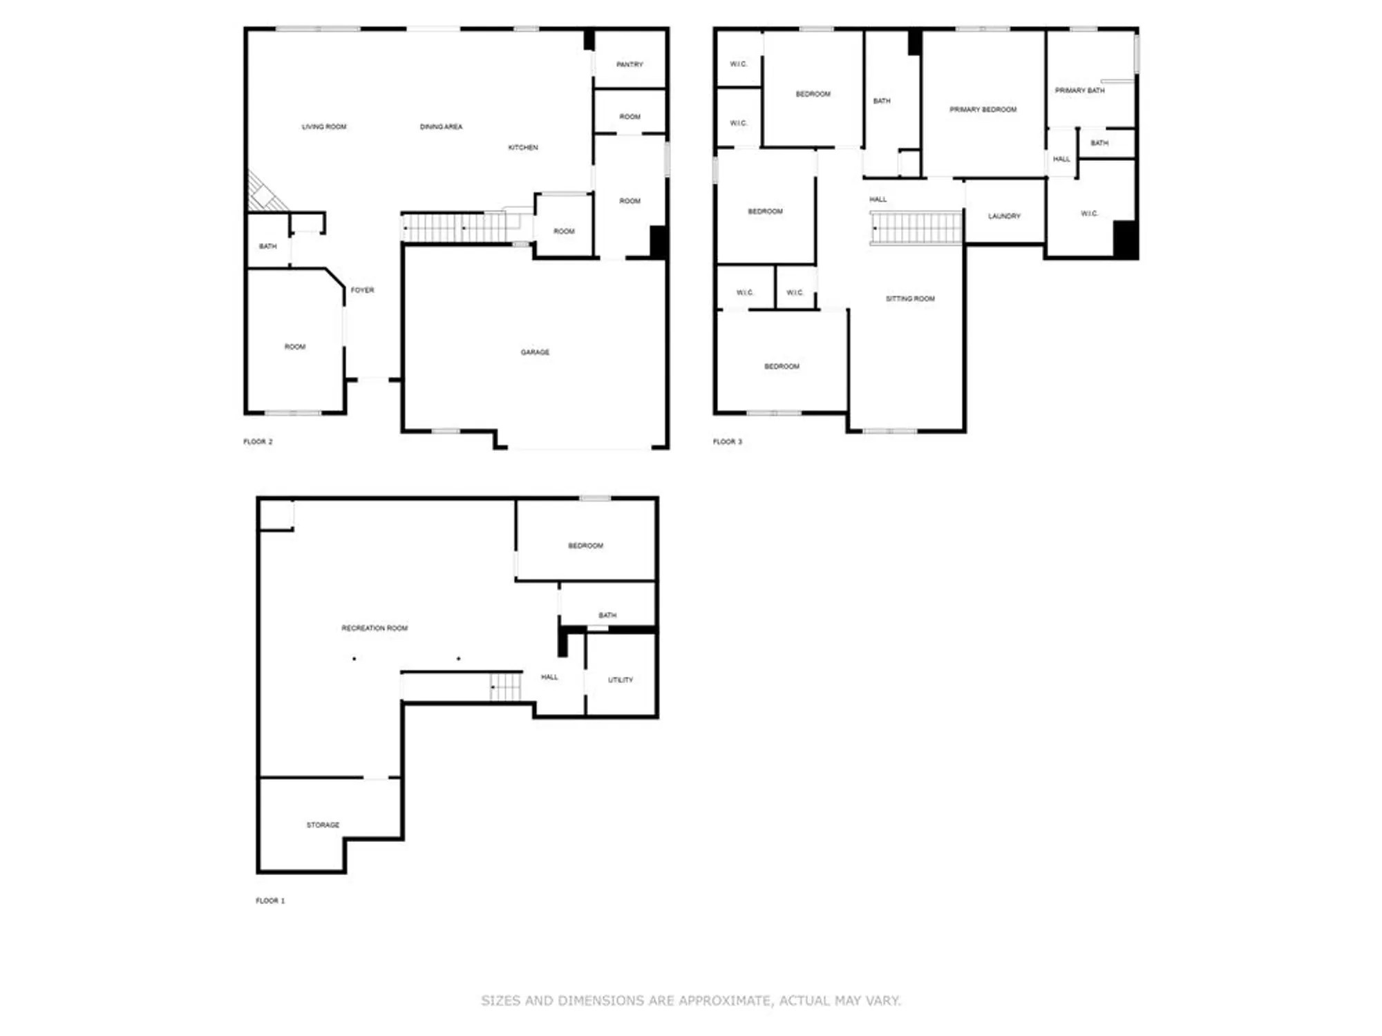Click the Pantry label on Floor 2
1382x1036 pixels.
click(x=630, y=64)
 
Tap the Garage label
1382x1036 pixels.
click(x=535, y=352)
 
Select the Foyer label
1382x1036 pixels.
click(x=362, y=290)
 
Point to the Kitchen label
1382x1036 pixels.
click(x=523, y=147)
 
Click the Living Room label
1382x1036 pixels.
click(x=324, y=126)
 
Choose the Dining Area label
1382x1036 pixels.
click(x=441, y=126)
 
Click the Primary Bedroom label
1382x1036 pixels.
click(x=983, y=109)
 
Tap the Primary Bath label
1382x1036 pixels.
click(x=1079, y=90)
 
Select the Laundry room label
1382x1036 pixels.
click(x=1004, y=216)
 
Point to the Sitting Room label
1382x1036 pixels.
click(x=910, y=298)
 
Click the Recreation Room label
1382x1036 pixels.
click(x=375, y=628)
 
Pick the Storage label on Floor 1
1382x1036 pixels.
click(x=323, y=825)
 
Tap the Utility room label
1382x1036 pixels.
click(x=620, y=680)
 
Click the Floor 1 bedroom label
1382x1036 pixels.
click(x=585, y=546)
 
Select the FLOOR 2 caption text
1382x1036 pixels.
click(x=258, y=441)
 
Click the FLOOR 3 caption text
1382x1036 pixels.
click(x=727, y=441)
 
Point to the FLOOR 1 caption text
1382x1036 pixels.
click(x=270, y=901)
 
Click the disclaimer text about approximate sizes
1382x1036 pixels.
click(x=691, y=1000)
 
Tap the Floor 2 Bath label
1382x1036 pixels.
click(x=267, y=246)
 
